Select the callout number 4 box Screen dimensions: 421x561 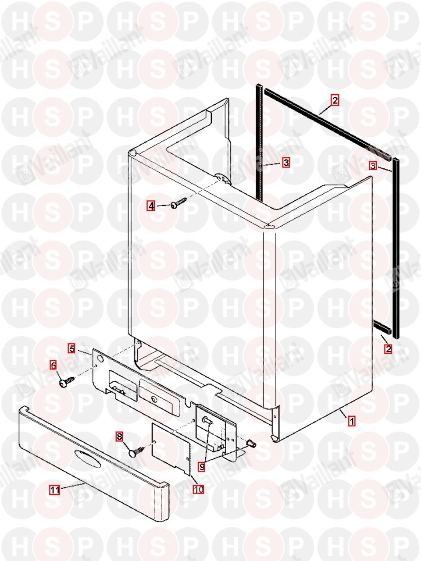pyautogui.click(x=151, y=206)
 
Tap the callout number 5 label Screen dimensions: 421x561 pyautogui.click(x=72, y=348)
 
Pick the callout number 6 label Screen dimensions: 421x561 pyautogui.click(x=53, y=365)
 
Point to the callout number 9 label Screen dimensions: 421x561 pyautogui.click(x=202, y=467)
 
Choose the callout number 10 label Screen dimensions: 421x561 pyautogui.click(x=199, y=489)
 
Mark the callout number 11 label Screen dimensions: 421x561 pyautogui.click(x=55, y=490)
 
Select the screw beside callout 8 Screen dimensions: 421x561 pyautogui.click(x=139, y=453)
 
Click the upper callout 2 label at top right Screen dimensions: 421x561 pyautogui.click(x=335, y=100)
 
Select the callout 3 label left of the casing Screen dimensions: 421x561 pyautogui.click(x=286, y=162)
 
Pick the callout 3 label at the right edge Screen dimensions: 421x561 pyautogui.click(x=373, y=166)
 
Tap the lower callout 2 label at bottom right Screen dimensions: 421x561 pyautogui.click(x=389, y=348)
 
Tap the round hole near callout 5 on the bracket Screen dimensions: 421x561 pyautogui.click(x=100, y=359)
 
